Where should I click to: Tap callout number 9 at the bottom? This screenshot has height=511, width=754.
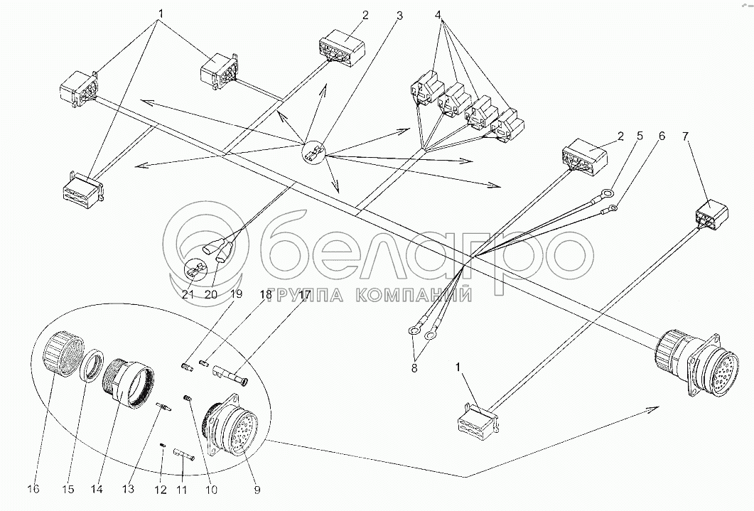[257, 490]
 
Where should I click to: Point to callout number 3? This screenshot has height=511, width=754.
[399, 16]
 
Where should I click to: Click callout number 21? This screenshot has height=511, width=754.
[188, 294]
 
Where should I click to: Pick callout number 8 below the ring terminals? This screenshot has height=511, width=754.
[414, 368]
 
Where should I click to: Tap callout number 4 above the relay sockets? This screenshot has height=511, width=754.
[438, 15]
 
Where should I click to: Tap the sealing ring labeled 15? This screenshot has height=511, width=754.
[92, 365]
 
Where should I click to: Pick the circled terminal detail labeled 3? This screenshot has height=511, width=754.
[313, 154]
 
